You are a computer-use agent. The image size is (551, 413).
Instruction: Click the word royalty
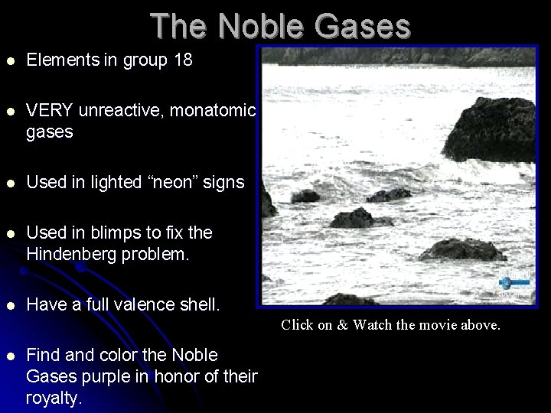click(x=54, y=398)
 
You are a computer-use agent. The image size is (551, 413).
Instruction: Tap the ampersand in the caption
click(x=342, y=325)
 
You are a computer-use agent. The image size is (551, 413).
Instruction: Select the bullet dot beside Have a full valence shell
click(x=9, y=305)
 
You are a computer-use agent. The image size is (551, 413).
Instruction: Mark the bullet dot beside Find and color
click(x=9, y=356)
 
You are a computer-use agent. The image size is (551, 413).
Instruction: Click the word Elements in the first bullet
click(x=64, y=60)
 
